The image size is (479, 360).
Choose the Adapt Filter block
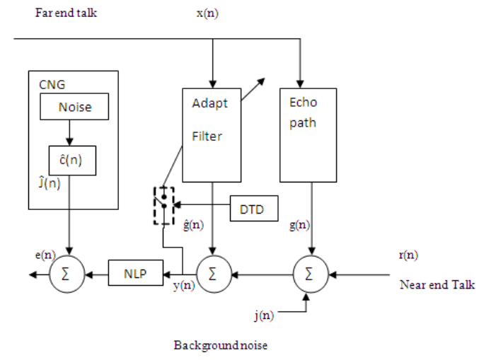point(212,134)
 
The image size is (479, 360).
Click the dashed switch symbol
point(163,206)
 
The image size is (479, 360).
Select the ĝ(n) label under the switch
point(193,226)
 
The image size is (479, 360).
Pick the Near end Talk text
point(437,285)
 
